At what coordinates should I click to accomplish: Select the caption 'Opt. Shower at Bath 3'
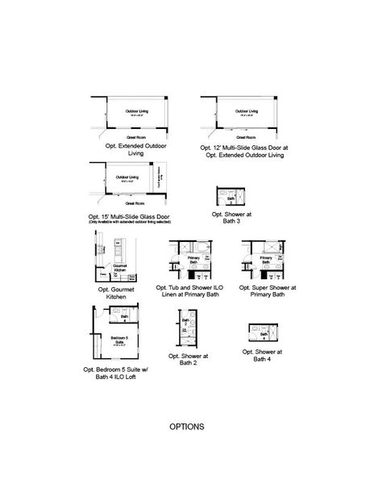coord(231,218)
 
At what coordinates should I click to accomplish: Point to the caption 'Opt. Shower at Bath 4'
coord(262,356)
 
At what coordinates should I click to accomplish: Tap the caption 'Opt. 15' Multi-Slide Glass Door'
coord(130,217)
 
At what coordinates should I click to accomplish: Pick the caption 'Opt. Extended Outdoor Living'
coord(129,148)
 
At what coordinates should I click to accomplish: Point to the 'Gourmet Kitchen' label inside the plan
coord(121,268)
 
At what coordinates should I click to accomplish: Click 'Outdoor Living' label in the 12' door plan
coord(248,111)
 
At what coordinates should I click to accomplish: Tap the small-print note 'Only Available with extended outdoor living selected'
coord(130,222)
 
